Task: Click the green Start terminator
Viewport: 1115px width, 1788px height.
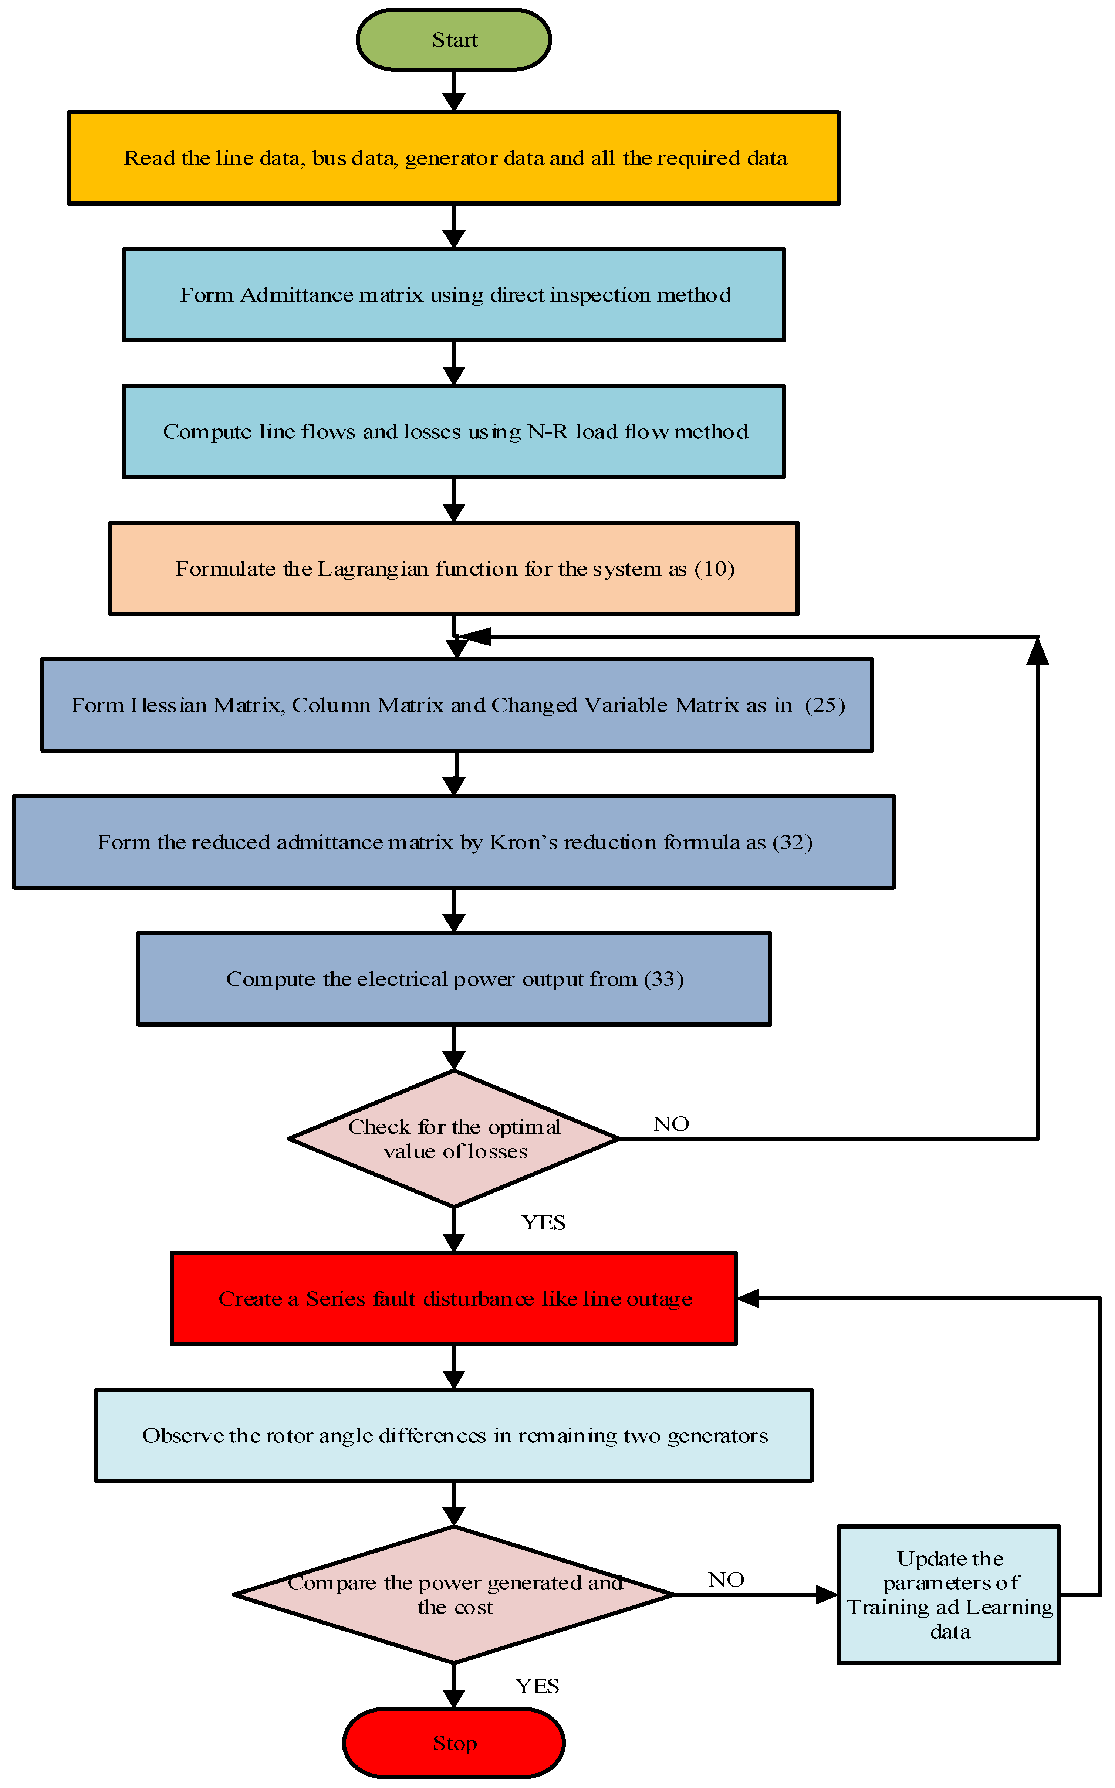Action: tap(453, 40)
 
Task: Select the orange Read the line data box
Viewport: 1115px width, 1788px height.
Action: tap(453, 158)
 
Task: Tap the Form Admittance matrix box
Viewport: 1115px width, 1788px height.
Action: tap(453, 295)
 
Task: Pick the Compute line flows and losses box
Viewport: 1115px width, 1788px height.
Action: tap(453, 431)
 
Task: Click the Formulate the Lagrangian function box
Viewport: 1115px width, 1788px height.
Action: tap(453, 568)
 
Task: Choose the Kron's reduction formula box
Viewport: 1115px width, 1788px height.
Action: tap(453, 842)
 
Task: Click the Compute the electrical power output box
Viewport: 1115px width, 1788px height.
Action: tap(453, 979)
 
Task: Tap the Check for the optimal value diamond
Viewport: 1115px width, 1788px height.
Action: tap(453, 1139)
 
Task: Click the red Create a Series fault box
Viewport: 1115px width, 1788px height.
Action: tap(453, 1299)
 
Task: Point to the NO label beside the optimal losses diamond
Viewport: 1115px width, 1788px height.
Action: tap(671, 1124)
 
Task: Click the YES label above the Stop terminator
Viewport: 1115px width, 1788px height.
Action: tap(537, 1686)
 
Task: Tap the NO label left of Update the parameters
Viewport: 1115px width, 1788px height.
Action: tap(726, 1580)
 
